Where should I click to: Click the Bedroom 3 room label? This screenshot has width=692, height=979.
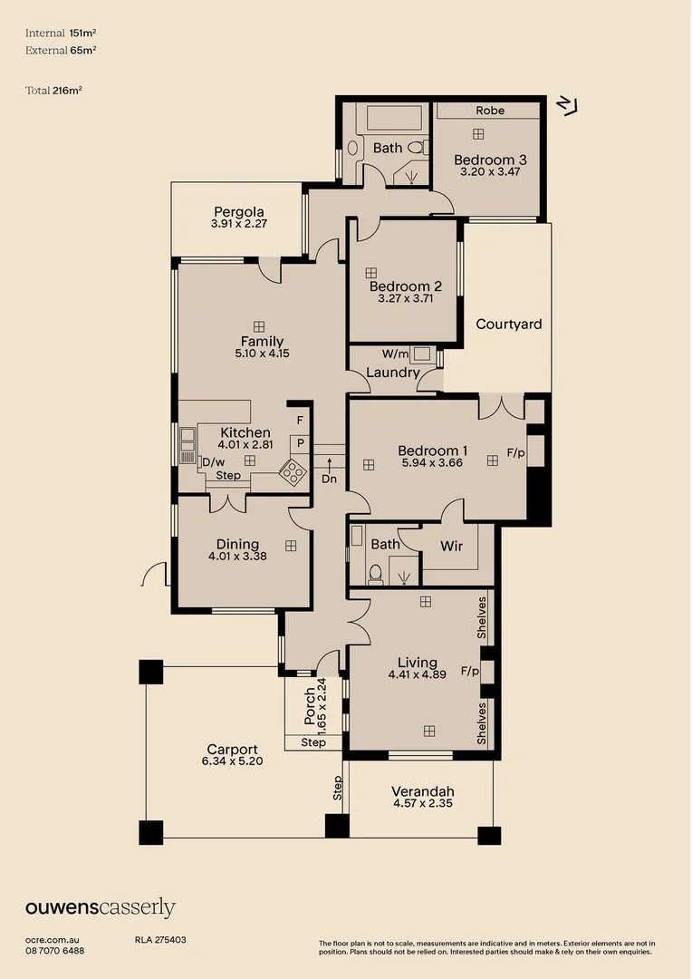[x=490, y=160]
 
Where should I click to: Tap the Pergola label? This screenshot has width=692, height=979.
[x=239, y=213]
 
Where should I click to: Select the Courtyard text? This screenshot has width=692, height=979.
[x=509, y=324]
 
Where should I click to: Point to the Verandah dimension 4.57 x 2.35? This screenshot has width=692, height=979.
[x=422, y=803]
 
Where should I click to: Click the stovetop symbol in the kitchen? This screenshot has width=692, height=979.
[x=293, y=470]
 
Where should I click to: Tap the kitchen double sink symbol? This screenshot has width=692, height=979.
[x=187, y=440]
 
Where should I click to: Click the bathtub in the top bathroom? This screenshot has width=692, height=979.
[x=389, y=119]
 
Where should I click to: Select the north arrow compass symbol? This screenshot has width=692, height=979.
[x=569, y=104]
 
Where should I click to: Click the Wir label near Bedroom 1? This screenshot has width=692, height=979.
[x=451, y=546]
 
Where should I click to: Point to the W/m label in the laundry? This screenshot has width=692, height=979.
[x=395, y=354]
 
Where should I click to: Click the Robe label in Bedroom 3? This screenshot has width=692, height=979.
[x=490, y=111]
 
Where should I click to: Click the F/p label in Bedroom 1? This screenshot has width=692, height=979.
[x=515, y=451]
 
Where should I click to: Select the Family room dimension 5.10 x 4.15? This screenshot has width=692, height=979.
[x=262, y=354]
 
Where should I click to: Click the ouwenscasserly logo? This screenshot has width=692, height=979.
[x=101, y=907]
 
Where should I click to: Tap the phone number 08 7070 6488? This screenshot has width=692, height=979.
[x=55, y=951]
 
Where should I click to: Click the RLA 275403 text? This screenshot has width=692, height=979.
[x=160, y=941]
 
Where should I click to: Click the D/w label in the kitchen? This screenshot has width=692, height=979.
[x=213, y=461]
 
